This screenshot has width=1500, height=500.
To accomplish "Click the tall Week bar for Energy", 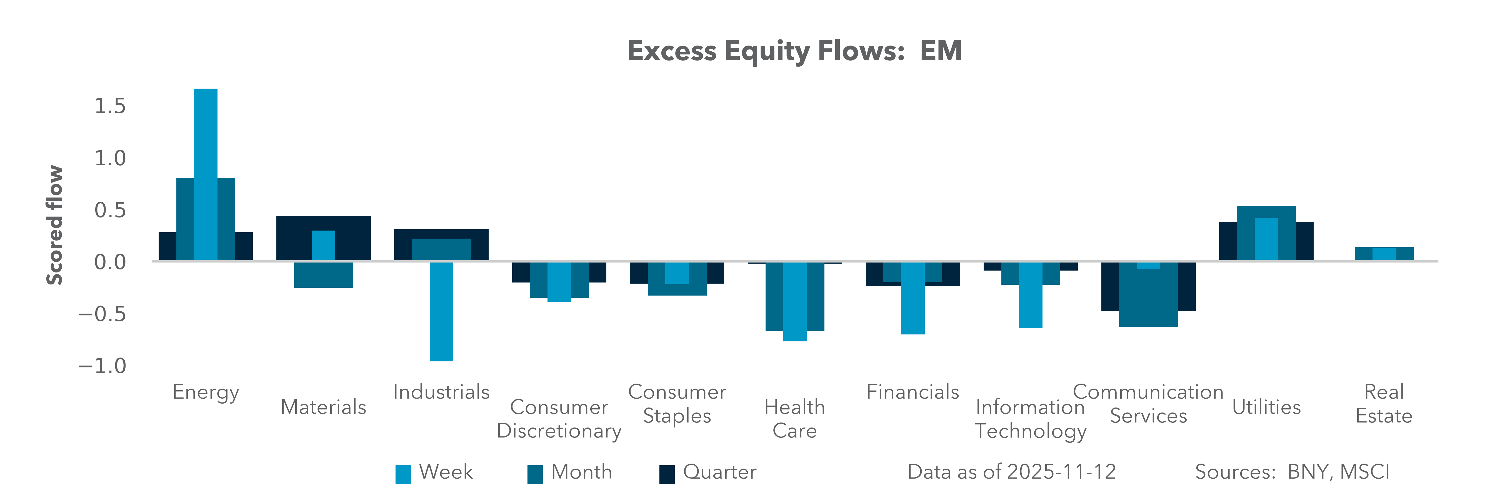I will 206,175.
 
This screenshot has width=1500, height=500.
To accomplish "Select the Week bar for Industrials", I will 441,311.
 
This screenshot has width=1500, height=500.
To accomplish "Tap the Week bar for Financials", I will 912,298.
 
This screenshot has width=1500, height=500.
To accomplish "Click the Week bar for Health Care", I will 795,301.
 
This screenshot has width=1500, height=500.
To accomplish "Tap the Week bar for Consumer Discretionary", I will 559,282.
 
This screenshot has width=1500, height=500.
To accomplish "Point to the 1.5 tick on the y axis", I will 110,106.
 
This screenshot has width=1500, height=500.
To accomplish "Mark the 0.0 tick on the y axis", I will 110,262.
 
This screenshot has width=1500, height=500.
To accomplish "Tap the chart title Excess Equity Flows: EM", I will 794,51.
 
